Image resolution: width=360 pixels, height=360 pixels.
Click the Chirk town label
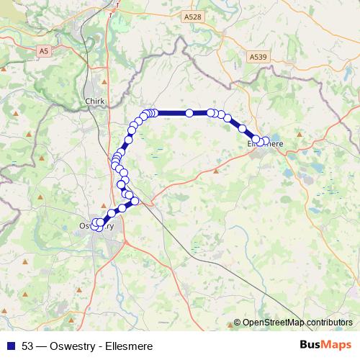coord(95,102)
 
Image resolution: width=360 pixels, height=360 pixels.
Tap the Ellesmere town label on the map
coord(265,144)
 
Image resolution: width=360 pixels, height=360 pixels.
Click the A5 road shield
coord(45,51)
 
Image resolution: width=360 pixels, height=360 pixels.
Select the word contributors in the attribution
coord(328,323)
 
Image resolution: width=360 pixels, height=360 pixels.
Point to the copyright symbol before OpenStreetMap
coord(237,323)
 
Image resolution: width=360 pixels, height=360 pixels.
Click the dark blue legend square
coord(11,346)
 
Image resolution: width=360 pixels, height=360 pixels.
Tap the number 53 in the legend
coord(27,346)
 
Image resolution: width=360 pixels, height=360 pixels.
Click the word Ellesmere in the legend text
coord(128,346)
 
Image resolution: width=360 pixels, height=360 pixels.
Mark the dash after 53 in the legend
coord(41,346)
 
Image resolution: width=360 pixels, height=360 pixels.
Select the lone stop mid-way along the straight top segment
coord(189,113)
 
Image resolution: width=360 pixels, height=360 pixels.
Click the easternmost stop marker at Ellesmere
coord(266,141)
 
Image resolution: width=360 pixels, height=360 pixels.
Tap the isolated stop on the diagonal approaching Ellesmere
coord(228,118)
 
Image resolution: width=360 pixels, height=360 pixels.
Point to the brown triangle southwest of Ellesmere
coord(217,171)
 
